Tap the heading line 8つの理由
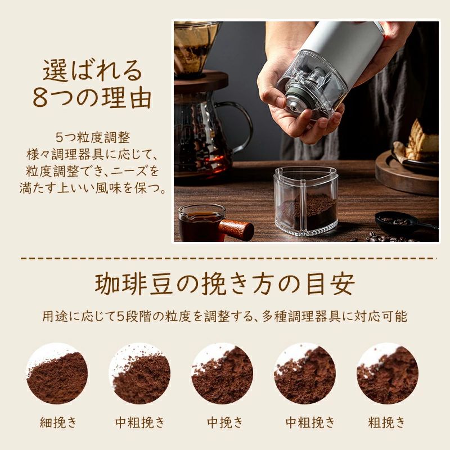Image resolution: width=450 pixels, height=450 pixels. [x=92, y=98]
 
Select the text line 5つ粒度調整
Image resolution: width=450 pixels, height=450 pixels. [x=93, y=137]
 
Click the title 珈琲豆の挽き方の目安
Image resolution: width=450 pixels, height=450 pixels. [x=225, y=284]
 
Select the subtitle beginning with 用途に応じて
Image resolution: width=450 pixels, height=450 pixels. [x=225, y=316]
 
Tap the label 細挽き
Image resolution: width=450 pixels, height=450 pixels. [x=58, y=422]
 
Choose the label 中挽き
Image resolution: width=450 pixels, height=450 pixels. [x=225, y=422]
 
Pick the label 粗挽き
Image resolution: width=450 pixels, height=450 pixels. [x=387, y=422]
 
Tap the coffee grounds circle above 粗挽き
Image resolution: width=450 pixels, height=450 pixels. [x=388, y=373]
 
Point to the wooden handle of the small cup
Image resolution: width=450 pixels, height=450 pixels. [x=237, y=228]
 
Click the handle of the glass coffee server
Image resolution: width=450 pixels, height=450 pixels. [x=243, y=127]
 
